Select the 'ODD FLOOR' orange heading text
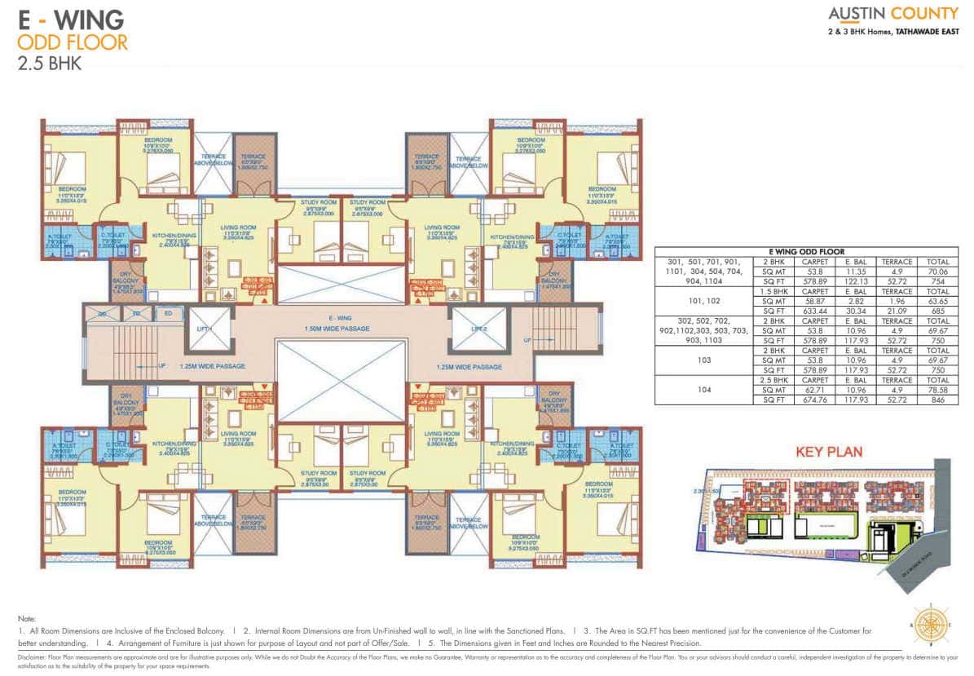(73, 41)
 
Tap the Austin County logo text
(892, 14)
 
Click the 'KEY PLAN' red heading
(827, 451)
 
